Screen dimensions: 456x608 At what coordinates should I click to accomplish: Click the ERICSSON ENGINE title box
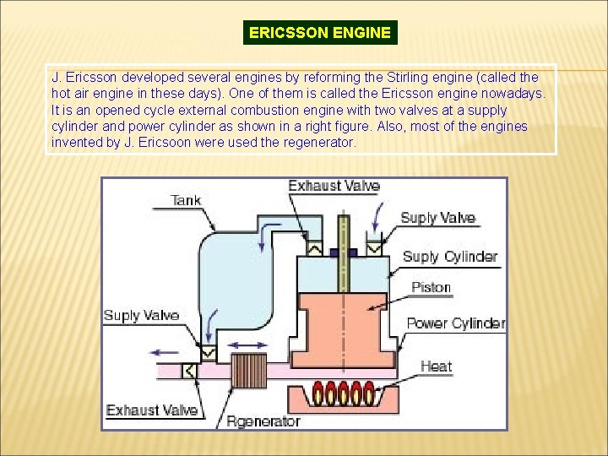tap(320, 33)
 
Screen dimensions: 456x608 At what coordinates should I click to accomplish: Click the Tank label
tap(186, 200)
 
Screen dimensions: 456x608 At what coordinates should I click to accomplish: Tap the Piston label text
tap(431, 287)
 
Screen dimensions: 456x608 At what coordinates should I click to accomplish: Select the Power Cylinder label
tap(455, 323)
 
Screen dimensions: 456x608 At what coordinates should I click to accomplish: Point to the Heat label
tap(436, 366)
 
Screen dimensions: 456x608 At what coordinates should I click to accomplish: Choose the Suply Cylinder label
tap(449, 257)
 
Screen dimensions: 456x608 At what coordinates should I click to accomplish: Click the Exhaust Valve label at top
tap(334, 186)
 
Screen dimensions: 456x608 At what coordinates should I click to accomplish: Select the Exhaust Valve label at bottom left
tap(152, 410)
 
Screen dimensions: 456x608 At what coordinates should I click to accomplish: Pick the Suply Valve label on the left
tap(141, 316)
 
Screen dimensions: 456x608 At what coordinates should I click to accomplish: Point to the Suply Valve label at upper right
tap(437, 218)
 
